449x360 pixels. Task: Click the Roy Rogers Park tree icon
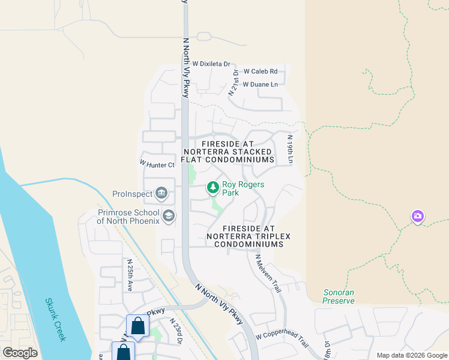pyautogui.click(x=212, y=188)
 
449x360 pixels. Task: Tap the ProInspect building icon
pyautogui.click(x=161, y=193)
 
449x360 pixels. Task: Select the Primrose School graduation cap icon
pyautogui.click(x=169, y=216)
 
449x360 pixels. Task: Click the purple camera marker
pyautogui.click(x=418, y=216)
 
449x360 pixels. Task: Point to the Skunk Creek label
pyautogui.click(x=55, y=320)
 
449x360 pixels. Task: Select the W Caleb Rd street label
pyautogui.click(x=260, y=71)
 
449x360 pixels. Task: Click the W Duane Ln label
pyautogui.click(x=260, y=85)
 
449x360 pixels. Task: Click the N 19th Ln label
pyautogui.click(x=290, y=149)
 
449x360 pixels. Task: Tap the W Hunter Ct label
pyautogui.click(x=157, y=163)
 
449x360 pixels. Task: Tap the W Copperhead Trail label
pyautogui.click(x=282, y=341)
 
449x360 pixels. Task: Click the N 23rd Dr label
pyautogui.click(x=176, y=332)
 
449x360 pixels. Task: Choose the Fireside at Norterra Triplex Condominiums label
pyautogui.click(x=249, y=236)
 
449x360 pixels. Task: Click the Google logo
pyautogui.click(x=20, y=352)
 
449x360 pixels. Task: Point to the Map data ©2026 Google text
pyautogui.click(x=411, y=355)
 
